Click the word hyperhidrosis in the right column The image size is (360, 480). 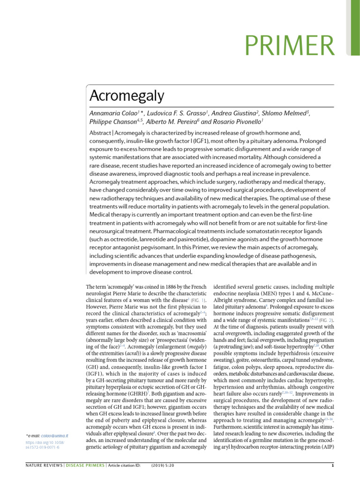[271, 349]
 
